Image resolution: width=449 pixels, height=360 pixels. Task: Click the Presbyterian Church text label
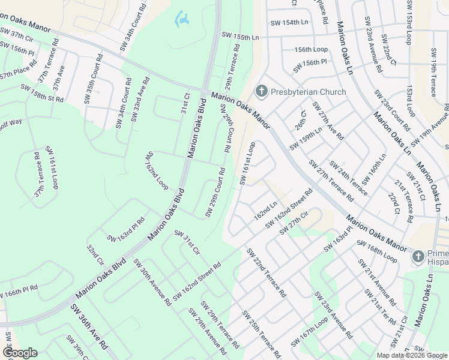coord(308,92)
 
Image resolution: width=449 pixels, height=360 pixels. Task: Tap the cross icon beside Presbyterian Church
coord(261,92)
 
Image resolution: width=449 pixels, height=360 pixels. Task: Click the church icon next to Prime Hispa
coord(418,257)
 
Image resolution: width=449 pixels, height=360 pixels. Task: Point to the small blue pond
coord(182,19)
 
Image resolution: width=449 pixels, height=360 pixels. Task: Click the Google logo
coord(19,352)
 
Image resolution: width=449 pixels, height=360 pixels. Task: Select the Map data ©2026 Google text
coord(412,355)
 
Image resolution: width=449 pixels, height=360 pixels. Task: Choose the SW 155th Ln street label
coord(240,37)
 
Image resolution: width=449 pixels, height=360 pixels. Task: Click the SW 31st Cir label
coord(187,241)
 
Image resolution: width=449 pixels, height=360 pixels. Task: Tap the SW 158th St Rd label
coord(42,94)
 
